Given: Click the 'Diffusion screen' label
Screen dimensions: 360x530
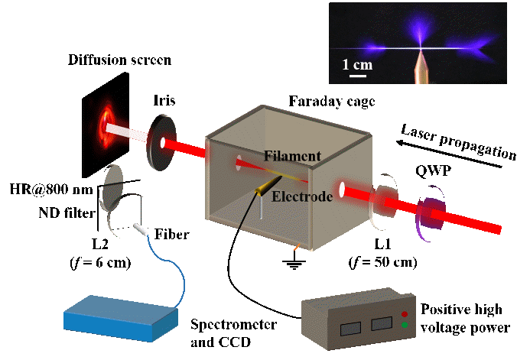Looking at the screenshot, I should pyautogui.click(x=119, y=60).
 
